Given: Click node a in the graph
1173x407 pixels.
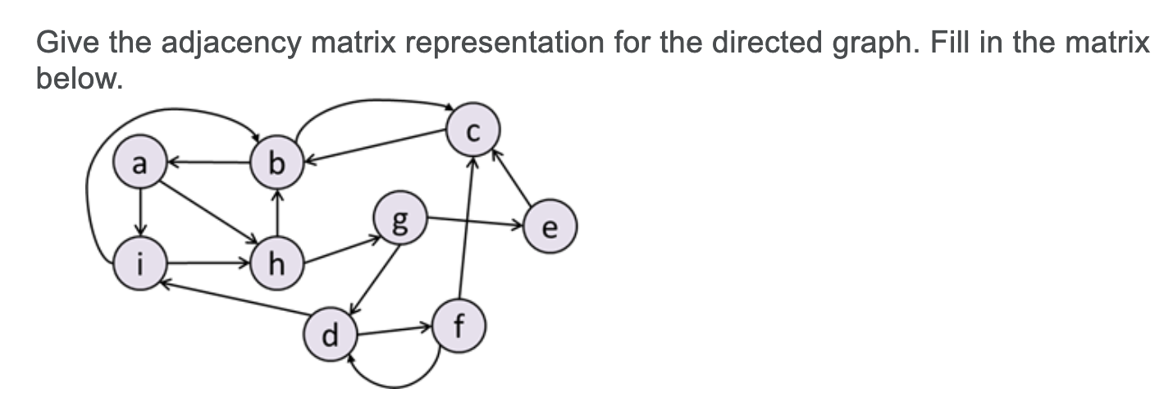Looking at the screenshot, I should [x=140, y=163].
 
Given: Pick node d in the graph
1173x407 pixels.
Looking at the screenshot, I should [x=331, y=335].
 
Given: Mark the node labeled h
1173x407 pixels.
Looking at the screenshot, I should [x=278, y=264].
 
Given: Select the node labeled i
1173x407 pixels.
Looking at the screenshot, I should [x=140, y=264].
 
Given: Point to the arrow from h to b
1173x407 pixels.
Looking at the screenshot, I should [x=278, y=215].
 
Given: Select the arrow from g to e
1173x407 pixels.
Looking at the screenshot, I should [x=476, y=222].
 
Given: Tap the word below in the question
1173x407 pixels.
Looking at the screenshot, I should [x=77, y=79].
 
